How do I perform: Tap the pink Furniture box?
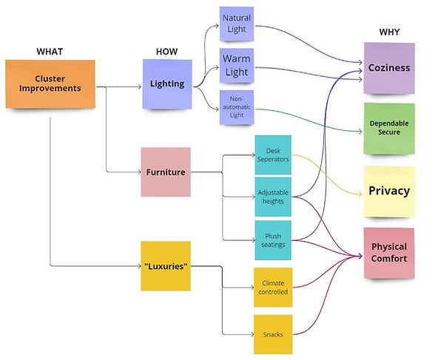[x=165, y=172]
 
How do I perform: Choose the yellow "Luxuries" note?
[x=165, y=265]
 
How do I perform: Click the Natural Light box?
[x=236, y=23]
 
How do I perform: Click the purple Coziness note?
[x=388, y=68]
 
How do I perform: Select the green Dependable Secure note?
[x=388, y=128]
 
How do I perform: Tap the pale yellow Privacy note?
[x=388, y=191]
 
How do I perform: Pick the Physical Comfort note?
[x=388, y=253]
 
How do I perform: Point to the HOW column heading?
[x=166, y=51]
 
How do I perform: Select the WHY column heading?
[x=388, y=33]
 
